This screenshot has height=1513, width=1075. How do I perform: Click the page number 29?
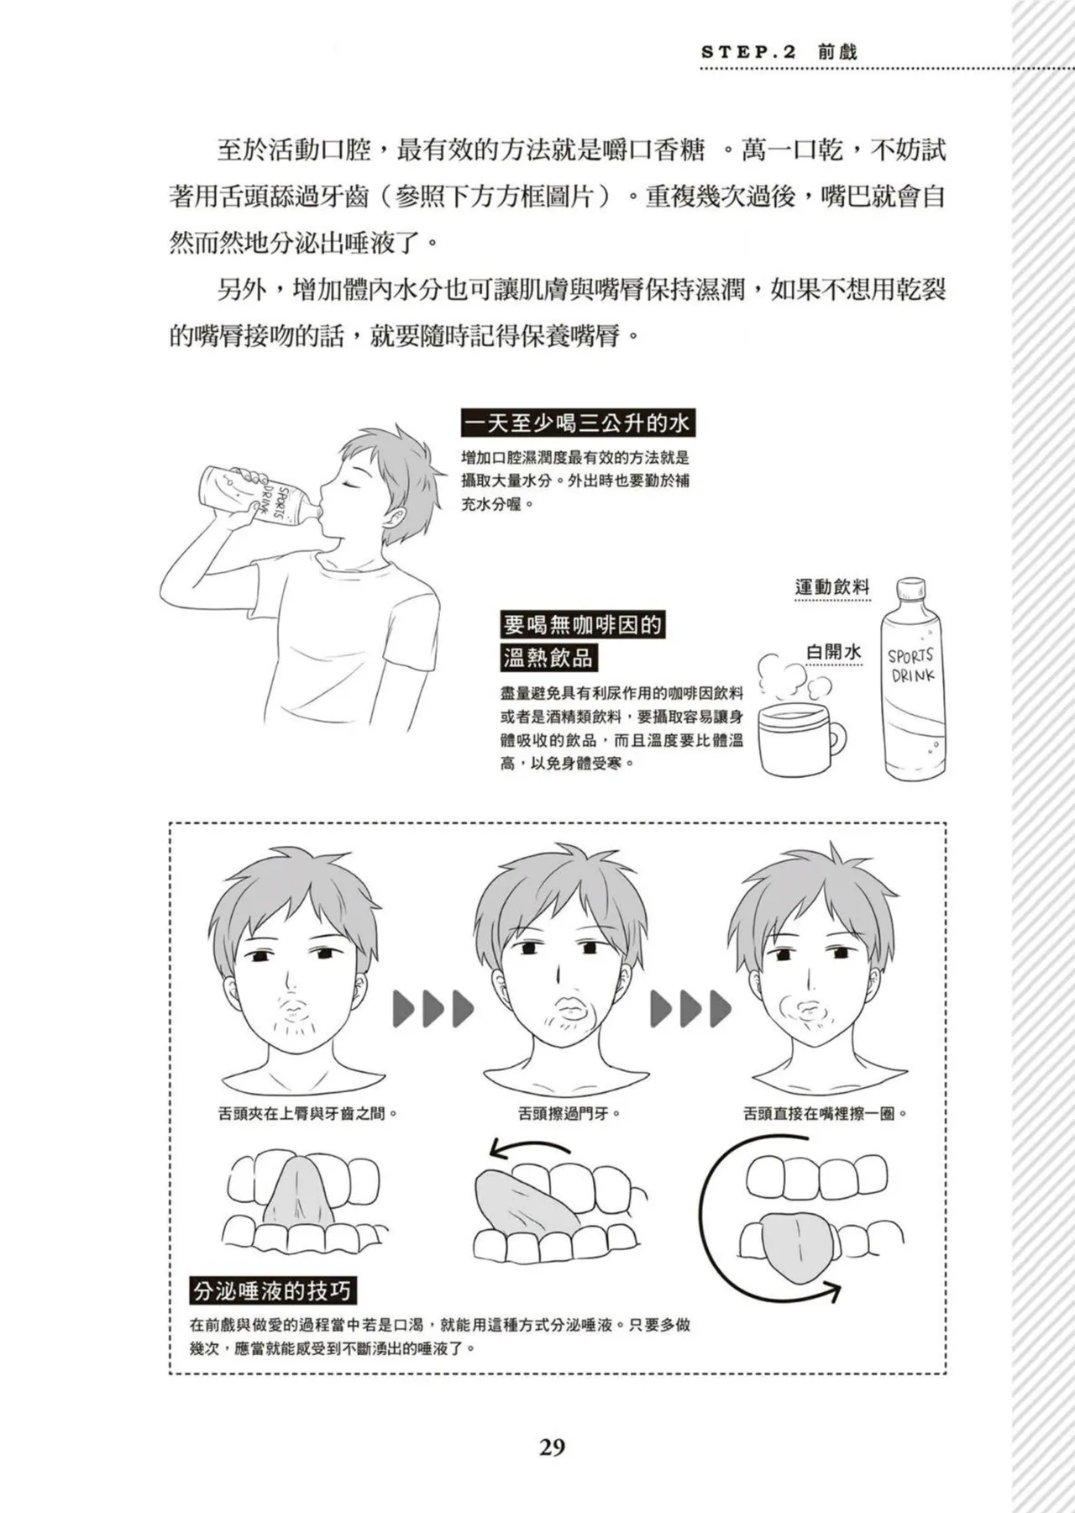click(x=552, y=1447)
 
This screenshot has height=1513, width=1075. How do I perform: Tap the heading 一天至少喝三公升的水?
click(x=578, y=423)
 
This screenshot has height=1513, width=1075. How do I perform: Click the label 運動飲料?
click(x=832, y=587)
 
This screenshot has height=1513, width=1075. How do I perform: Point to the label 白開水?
click(x=833, y=652)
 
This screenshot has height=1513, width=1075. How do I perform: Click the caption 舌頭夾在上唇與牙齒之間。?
click(x=307, y=1114)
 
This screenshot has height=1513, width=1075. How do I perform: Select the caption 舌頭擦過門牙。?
click(x=569, y=1114)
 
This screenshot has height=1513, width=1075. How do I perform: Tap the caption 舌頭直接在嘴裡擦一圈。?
click(x=826, y=1114)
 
